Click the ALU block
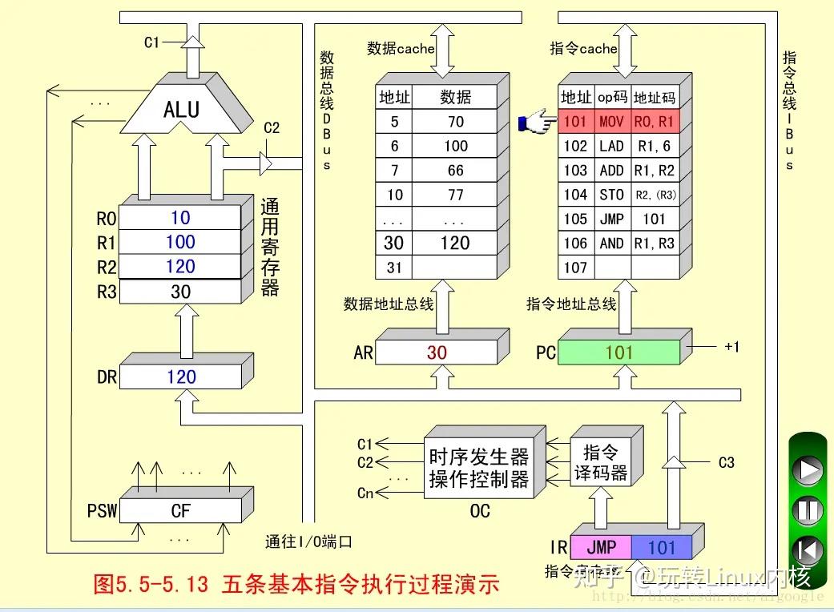click(182, 109)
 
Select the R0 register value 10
click(180, 218)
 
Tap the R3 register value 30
click(180, 292)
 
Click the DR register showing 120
click(181, 376)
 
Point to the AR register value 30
click(437, 352)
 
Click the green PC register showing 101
click(618, 352)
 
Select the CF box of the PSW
click(180, 510)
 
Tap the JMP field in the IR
click(601, 547)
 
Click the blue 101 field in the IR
click(662, 547)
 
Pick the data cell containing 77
click(455, 195)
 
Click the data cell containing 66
click(455, 171)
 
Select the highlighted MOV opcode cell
click(611, 122)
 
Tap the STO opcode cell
click(611, 195)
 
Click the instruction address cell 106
click(575, 243)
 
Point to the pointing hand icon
click(536, 123)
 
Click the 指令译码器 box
click(600, 461)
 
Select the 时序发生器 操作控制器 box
click(478, 468)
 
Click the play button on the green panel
click(808, 469)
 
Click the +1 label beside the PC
click(731, 347)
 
